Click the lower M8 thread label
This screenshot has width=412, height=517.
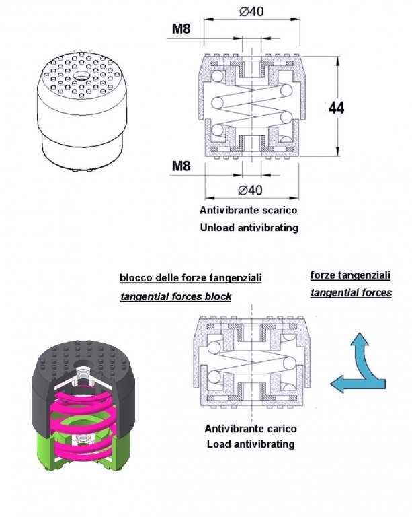tap(179, 165)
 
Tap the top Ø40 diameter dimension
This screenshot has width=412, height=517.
tap(251, 12)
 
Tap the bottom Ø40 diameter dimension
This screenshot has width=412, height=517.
tap(251, 188)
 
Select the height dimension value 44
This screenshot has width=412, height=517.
tap(336, 108)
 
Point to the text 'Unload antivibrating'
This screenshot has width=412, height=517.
tap(249, 228)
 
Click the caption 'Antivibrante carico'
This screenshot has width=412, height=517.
tap(251, 429)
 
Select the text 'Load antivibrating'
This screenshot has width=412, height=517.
tap(251, 444)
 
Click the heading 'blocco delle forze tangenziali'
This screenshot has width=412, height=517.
tap(190, 277)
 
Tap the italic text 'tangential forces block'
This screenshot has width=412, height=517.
tap(175, 297)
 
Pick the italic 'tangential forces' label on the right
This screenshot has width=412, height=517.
tap(351, 293)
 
